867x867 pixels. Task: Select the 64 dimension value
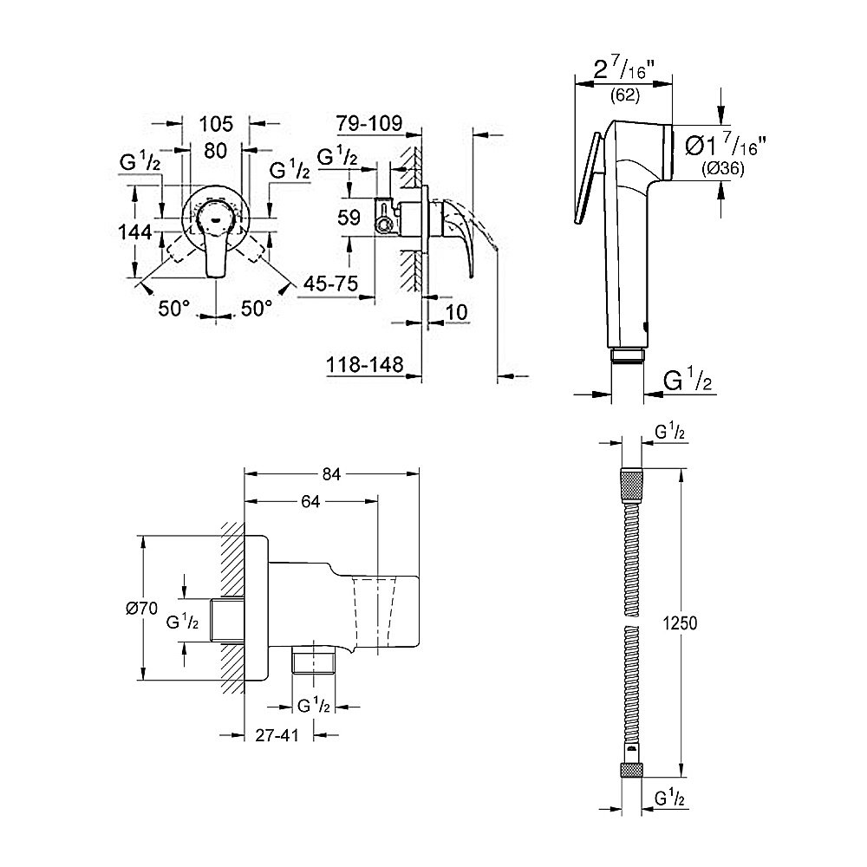pyautogui.click(x=311, y=501)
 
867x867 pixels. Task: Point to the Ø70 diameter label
pyautogui.click(x=140, y=609)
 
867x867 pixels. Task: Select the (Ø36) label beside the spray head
pyautogui.click(x=721, y=171)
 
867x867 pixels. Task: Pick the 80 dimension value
pyautogui.click(x=215, y=150)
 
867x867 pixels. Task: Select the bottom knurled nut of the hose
pyautogui.click(x=631, y=769)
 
